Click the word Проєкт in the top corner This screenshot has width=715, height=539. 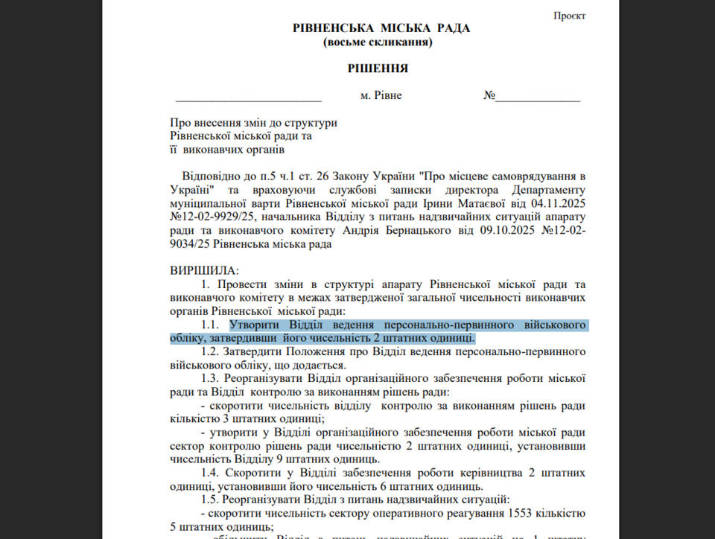click(x=570, y=16)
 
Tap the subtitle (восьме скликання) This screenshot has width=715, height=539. click(x=378, y=42)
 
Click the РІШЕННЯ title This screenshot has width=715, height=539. click(x=378, y=68)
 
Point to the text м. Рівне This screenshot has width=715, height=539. click(x=381, y=96)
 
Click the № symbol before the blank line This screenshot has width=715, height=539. click(x=489, y=96)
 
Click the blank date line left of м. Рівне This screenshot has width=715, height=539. click(x=248, y=98)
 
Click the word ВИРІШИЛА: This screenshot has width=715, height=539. click(x=205, y=270)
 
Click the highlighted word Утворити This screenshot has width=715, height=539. click(x=254, y=325)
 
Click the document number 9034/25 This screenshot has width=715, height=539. click(x=192, y=243)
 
